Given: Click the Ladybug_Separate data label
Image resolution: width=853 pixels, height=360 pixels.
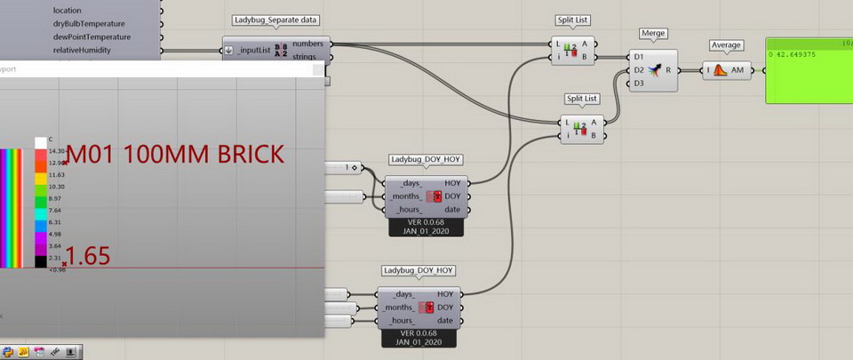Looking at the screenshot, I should [276, 20].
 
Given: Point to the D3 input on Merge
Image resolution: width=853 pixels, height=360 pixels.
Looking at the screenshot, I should [639, 84].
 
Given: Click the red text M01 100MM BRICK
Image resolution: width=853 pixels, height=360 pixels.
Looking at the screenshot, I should [176, 154].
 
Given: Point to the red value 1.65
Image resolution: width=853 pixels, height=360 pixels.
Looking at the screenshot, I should [88, 257].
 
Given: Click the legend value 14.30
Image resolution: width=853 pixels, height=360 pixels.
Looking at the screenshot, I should [57, 152].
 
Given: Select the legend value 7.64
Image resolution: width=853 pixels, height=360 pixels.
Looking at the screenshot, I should [56, 211].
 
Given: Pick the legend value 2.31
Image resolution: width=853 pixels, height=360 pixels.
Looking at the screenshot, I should [56, 258].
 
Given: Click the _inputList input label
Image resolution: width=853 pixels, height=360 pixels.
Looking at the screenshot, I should [254, 50].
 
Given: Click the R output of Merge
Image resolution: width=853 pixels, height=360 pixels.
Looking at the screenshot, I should [680, 69].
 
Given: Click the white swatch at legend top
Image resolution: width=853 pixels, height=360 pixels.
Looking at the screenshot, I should [41, 141].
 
